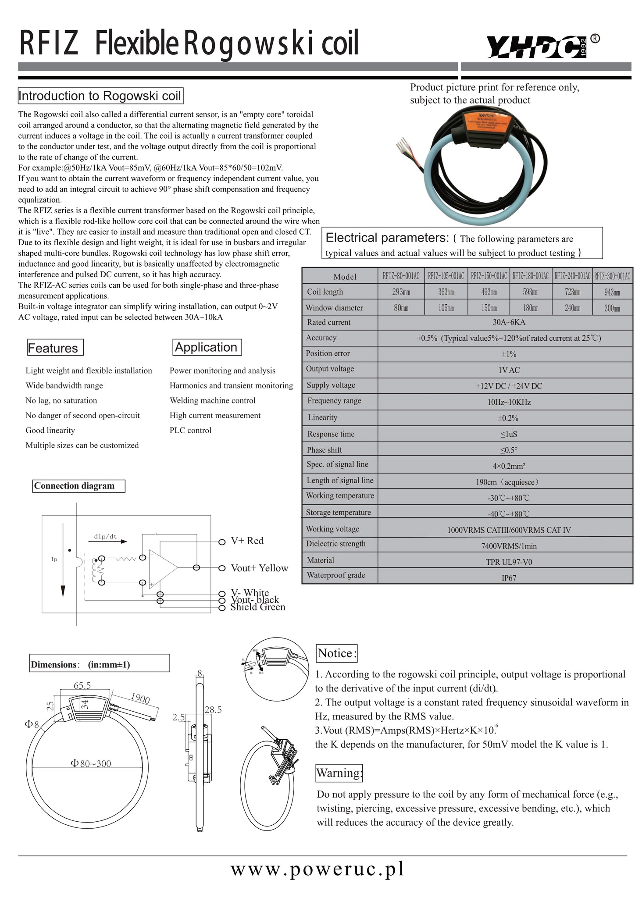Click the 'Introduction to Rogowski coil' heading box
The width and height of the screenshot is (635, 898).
pos(100,96)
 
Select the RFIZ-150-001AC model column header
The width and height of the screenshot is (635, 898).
pos(489,276)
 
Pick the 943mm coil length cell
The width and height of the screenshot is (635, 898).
pos(612,292)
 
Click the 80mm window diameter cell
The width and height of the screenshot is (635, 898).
pos(401,308)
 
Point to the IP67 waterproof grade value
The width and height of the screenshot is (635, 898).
pos(509,578)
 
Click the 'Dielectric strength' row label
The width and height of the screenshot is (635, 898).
pos(336,544)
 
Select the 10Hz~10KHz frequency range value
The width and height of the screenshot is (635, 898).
pos(509,402)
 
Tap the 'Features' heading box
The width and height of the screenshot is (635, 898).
pos(55,348)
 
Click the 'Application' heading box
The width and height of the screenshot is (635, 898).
pos(207,347)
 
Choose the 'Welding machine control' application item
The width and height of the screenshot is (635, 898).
pos(212,400)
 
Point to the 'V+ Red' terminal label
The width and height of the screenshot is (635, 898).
pos(247,541)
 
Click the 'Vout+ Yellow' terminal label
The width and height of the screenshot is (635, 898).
pos(260,568)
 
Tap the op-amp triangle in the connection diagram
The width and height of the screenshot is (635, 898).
pos(161,568)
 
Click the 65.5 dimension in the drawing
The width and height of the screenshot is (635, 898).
pos(82,685)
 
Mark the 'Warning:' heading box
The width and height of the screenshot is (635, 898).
pos(339,773)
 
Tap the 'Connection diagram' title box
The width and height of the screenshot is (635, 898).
pos(78,486)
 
